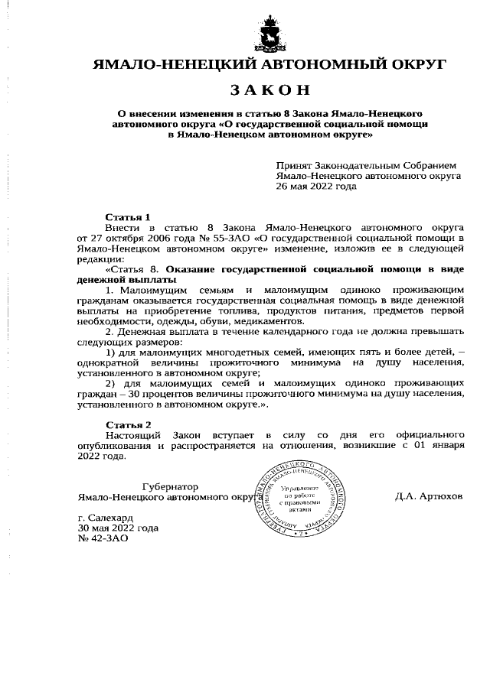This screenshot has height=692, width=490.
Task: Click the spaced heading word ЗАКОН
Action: tap(269, 89)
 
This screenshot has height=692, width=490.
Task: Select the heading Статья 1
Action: tap(128, 217)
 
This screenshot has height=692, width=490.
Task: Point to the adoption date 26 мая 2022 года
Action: tap(316, 186)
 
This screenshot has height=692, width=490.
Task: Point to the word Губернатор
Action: tap(170, 486)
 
